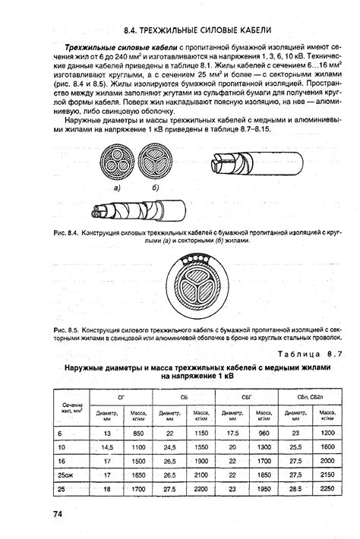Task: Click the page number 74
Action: tap(58, 515)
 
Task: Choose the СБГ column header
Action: tap(248, 397)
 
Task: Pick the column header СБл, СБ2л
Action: tap(311, 397)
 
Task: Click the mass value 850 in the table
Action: tap(138, 432)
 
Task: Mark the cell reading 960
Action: tap(264, 432)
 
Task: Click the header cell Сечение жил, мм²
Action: tap(72, 408)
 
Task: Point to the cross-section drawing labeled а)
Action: tap(116, 162)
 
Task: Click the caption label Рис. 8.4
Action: tap(66, 231)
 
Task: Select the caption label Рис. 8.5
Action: tap(66, 331)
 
